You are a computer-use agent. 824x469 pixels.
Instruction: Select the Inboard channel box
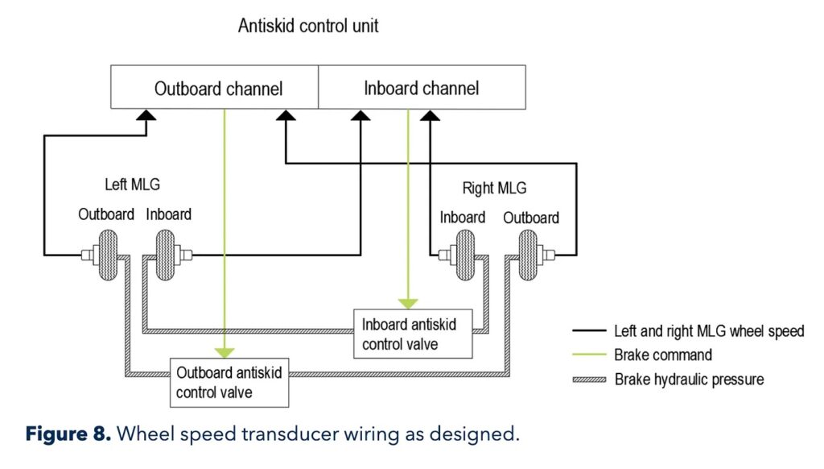tap(422, 88)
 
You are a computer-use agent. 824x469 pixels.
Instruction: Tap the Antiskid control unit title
tap(308, 26)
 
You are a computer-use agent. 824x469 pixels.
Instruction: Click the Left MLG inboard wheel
tap(163, 255)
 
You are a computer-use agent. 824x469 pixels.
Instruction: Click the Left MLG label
tap(133, 185)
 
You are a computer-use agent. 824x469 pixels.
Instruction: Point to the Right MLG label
tap(494, 189)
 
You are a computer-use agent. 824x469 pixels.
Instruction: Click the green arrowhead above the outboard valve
tap(225, 352)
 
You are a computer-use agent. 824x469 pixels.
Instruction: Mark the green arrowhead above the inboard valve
tap(409, 304)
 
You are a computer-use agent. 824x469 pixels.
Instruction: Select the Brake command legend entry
tap(662, 355)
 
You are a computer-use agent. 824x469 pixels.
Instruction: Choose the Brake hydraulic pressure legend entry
tap(689, 379)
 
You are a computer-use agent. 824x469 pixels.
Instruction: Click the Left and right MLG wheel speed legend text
tap(708, 331)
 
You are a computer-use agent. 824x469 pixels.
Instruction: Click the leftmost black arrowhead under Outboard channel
tap(145, 115)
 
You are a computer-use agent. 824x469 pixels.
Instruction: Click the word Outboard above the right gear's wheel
tap(531, 218)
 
